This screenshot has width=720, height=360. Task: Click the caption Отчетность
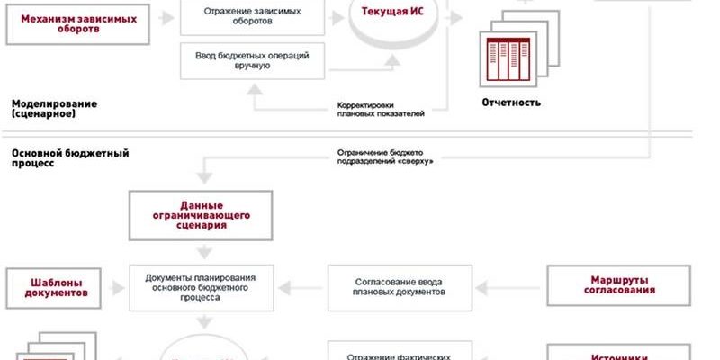(510, 103)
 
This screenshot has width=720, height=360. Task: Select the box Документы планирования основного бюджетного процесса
(200, 287)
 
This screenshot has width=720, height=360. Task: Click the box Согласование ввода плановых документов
(400, 287)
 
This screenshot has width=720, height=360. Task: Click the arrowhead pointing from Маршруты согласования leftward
(481, 287)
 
